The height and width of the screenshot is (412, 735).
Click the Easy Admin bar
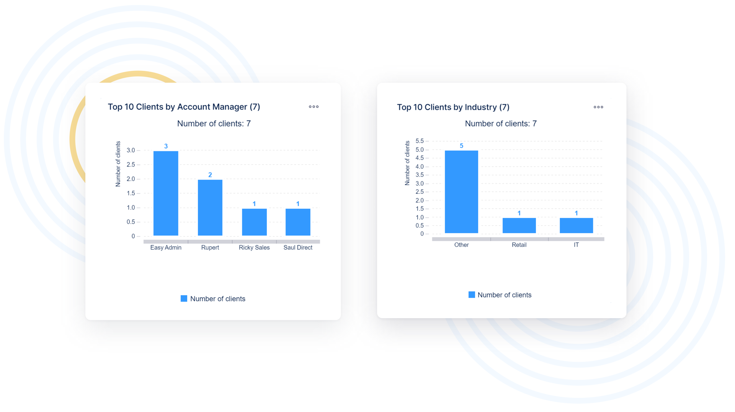click(x=166, y=193)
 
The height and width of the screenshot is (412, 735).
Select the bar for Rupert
click(x=210, y=208)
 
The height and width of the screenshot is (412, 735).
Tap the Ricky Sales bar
click(x=254, y=222)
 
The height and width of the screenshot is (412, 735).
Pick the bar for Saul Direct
click(x=298, y=222)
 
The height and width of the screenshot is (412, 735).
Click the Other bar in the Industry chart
click(x=461, y=191)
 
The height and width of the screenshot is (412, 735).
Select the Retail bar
click(x=519, y=225)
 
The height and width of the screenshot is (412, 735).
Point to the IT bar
click(x=576, y=225)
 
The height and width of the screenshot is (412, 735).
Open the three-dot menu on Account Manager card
click(x=314, y=107)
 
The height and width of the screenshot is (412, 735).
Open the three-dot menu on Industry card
click(x=598, y=107)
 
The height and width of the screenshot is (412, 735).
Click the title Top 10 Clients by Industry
click(x=453, y=107)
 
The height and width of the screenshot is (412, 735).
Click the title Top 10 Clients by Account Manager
click(x=184, y=107)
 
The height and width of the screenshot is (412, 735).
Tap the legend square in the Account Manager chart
click(x=184, y=299)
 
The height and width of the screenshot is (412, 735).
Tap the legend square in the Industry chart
click(x=472, y=295)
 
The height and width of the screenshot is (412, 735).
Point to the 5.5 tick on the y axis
click(x=420, y=141)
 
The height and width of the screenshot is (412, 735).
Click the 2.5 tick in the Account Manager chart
click(x=131, y=165)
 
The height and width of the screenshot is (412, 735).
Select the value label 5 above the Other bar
click(x=461, y=146)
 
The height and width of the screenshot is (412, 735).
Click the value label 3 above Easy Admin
click(x=166, y=146)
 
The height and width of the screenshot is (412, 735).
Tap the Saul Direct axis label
click(x=298, y=248)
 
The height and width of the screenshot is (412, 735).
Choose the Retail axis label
click(x=519, y=245)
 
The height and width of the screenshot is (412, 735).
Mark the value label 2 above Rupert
click(x=210, y=175)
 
